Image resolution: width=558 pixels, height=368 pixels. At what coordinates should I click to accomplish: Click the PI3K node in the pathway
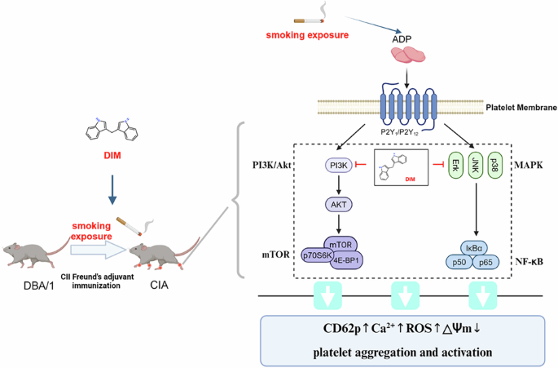coord(337,165)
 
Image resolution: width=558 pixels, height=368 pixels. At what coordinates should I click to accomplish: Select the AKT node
coord(337,205)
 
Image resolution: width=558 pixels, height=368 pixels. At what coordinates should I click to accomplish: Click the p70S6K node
coord(317,255)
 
